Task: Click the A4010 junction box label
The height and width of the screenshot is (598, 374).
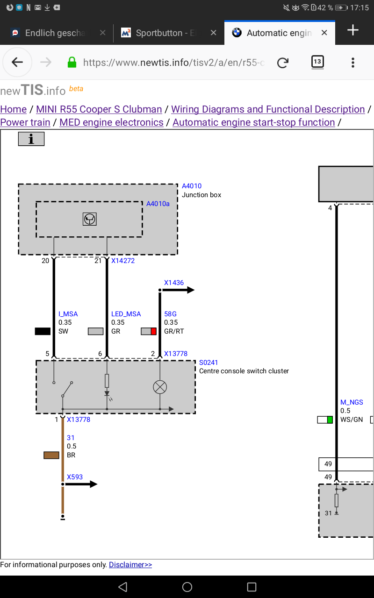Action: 192,186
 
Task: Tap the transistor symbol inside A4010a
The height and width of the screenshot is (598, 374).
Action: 89,219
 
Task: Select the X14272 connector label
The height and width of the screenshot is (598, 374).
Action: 123,261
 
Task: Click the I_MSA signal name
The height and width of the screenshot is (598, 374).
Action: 68,314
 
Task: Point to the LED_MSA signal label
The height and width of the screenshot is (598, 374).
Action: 126,314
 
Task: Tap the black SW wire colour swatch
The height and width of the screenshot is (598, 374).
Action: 43,331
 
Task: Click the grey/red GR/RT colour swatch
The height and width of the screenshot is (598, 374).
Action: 149,331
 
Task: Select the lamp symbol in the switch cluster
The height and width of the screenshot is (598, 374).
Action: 160,387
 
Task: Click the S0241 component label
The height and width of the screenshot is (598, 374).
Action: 209,363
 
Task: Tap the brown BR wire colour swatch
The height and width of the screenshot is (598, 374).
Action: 51,455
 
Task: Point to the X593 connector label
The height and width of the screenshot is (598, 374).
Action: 75,477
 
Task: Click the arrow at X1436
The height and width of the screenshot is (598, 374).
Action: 177,290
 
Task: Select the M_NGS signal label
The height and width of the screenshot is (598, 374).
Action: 352,402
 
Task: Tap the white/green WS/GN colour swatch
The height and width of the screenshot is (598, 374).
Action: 325,420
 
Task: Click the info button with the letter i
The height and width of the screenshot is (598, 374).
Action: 31,139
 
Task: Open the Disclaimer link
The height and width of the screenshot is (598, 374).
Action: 130,564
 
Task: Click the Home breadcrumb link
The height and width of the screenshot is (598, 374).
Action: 14,109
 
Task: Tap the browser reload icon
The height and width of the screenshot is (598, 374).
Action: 283,63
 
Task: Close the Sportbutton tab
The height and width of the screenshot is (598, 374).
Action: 213,33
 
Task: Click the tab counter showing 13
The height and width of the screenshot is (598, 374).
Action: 317,62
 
